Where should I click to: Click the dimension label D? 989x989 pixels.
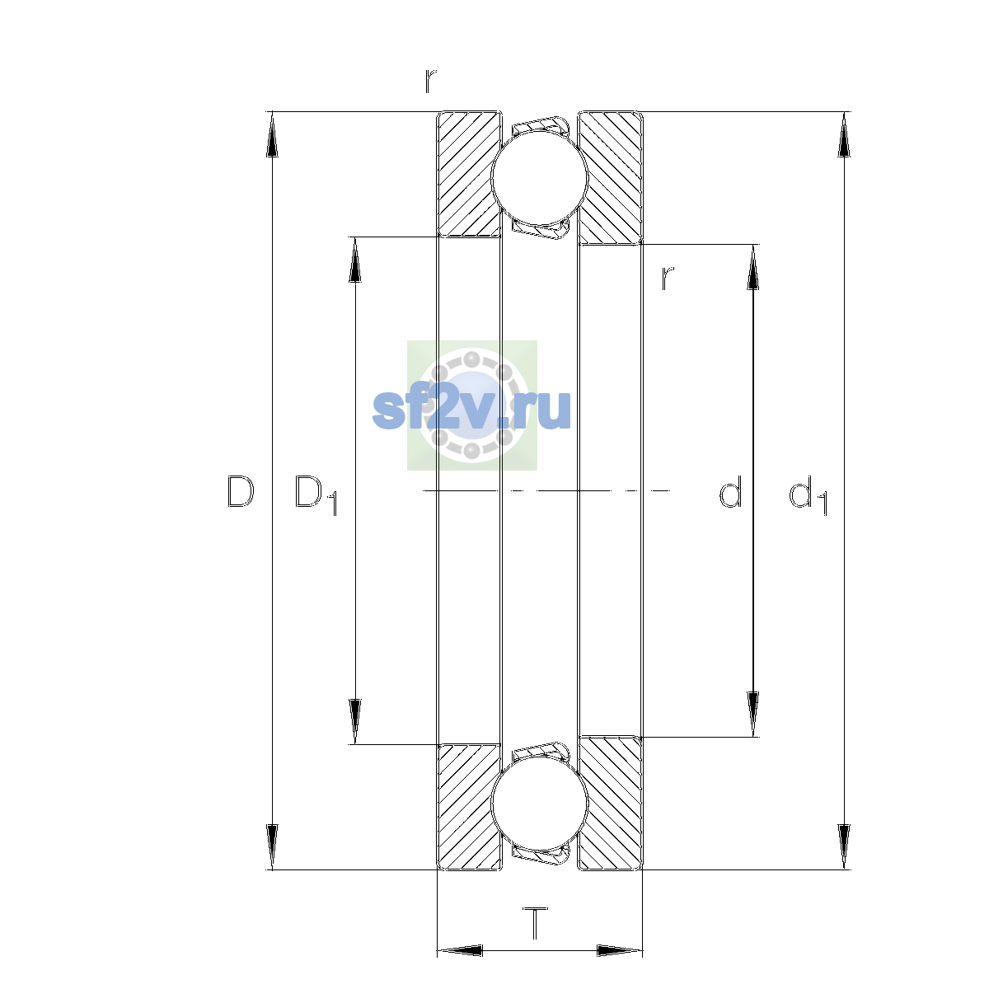[240, 492]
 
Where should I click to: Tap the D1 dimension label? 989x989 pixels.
[316, 494]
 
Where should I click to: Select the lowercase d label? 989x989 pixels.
[730, 491]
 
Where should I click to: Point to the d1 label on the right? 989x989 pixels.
[808, 494]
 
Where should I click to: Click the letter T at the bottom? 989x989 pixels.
[536, 922]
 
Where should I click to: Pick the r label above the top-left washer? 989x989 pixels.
[430, 81]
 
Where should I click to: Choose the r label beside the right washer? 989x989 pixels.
[668, 279]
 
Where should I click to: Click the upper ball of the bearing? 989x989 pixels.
[539, 177]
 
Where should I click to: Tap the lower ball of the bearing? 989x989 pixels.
[539, 804]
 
